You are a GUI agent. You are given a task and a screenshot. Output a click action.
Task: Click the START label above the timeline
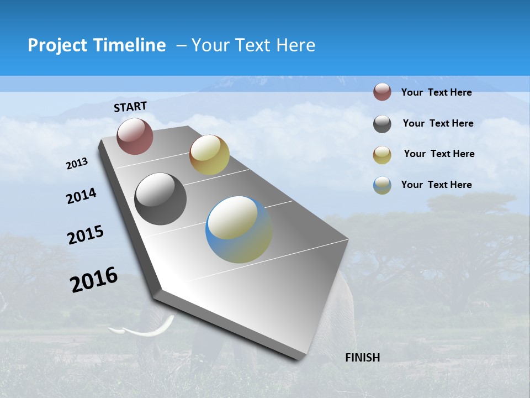130,106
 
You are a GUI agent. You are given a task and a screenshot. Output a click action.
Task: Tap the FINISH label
362,358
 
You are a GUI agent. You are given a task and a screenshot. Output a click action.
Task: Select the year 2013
77,164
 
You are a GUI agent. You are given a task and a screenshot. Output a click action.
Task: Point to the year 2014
81,196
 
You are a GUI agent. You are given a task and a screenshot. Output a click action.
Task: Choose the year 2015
85,235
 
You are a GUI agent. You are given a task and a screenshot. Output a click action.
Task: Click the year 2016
94,279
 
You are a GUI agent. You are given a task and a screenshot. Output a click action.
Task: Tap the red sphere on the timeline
135,136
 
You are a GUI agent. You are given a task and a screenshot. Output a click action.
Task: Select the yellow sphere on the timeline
209,155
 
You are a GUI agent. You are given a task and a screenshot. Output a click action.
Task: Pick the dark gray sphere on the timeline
160,199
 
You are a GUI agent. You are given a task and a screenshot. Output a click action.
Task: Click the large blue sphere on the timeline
239,229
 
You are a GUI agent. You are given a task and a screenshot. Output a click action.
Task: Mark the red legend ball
382,92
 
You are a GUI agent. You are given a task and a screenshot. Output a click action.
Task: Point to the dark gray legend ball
382,124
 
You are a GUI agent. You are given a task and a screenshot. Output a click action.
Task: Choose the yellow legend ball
382,155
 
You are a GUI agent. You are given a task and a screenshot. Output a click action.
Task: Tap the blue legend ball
382,185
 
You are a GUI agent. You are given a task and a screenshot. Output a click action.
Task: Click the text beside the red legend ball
436,92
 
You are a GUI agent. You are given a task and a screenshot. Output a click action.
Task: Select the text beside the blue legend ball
436,185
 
